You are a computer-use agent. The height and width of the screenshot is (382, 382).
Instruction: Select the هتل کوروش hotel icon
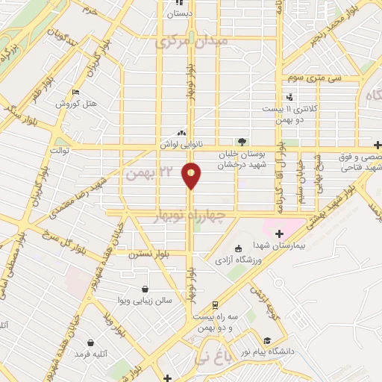click(75, 93)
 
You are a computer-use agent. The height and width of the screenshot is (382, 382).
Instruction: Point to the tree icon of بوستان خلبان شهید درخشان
click(240, 140)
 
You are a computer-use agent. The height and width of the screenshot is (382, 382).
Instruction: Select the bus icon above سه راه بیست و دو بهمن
click(216, 305)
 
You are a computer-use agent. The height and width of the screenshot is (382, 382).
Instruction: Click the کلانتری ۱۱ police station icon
click(289, 97)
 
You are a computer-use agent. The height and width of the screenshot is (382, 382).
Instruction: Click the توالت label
click(59, 151)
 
